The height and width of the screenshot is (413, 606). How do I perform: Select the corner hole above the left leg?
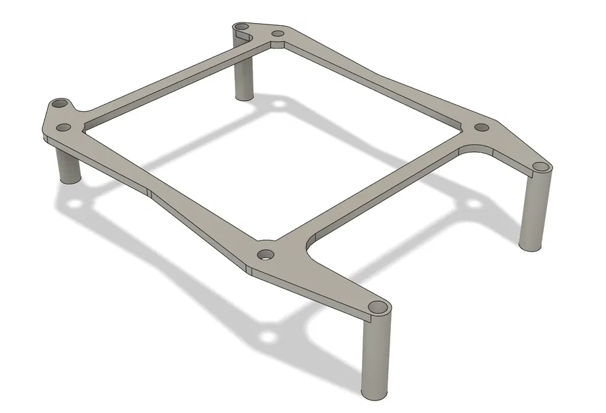point(61,104)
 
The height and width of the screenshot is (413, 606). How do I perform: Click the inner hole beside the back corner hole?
point(278,33)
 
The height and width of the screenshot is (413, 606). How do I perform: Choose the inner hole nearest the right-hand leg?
point(482,127)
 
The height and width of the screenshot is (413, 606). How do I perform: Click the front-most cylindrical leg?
point(375,357)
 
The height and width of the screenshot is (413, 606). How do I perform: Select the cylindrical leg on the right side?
point(535,211)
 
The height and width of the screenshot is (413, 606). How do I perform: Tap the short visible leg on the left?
point(68,165)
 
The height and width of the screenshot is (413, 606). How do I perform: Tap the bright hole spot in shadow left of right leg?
point(474,202)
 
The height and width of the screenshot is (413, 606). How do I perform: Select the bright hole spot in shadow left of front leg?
point(268,338)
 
